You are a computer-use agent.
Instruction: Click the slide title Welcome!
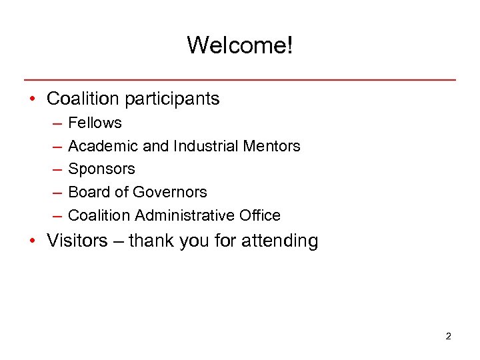click(x=239, y=45)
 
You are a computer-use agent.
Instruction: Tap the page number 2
click(x=448, y=336)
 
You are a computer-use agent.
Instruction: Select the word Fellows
click(x=95, y=123)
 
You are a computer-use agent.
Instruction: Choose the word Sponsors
click(x=101, y=169)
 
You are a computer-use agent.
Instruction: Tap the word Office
click(x=261, y=215)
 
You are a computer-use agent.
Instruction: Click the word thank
click(x=151, y=240)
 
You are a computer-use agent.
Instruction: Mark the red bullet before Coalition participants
click(x=32, y=99)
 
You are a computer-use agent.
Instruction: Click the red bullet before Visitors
click(x=32, y=241)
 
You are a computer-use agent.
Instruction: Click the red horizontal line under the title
click(x=240, y=79)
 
